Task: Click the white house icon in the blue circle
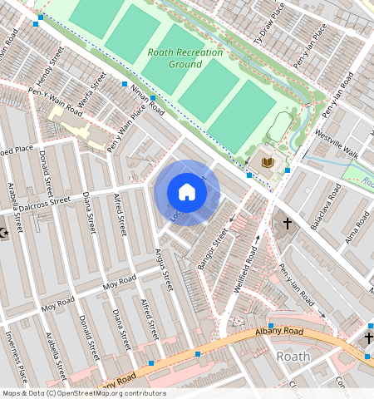[x=187, y=193]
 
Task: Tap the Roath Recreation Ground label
[x=175, y=58]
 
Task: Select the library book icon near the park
[x=268, y=162]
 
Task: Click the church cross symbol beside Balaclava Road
[x=288, y=224]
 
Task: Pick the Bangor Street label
[x=213, y=249]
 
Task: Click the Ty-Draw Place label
[x=269, y=22]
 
